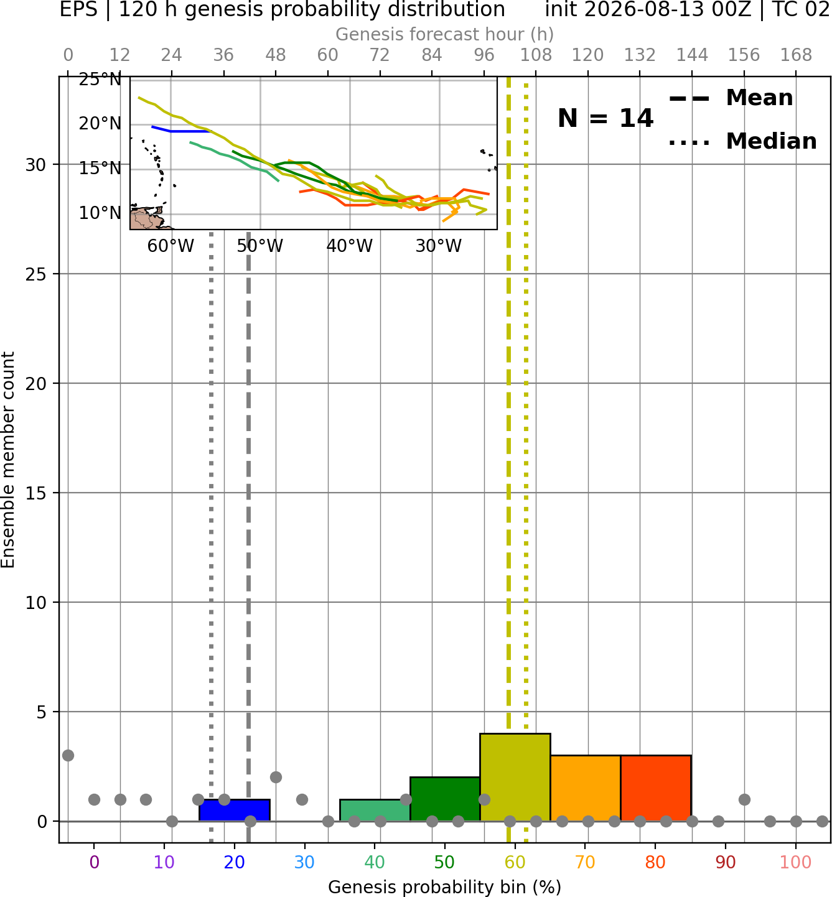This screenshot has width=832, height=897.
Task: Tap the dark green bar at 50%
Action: coord(445,799)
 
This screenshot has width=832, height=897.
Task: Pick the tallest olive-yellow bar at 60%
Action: coord(515,778)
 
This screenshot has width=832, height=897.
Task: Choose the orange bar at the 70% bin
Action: coord(586,788)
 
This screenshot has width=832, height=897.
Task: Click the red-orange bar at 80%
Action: coord(656,788)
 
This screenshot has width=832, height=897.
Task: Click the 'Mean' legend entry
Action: coord(731,98)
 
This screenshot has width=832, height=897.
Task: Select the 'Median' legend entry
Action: coord(743,141)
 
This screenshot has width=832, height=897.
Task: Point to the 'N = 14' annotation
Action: coord(605,118)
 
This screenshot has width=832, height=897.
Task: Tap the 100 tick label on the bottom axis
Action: coord(796,862)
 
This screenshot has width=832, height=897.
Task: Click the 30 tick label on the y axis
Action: coord(36,165)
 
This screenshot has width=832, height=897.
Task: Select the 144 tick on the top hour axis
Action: coord(692,55)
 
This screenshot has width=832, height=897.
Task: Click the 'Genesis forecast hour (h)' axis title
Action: coord(445,34)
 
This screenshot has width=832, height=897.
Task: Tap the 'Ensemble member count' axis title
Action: coord(8,460)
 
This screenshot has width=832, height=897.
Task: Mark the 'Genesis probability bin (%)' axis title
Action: coord(445,887)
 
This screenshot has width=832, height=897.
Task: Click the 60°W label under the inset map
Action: coord(171,246)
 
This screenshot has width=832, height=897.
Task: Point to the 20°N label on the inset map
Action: coord(100,123)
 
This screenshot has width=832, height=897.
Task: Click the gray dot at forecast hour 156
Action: coord(744,799)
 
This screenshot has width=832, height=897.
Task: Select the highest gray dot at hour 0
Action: coord(68,756)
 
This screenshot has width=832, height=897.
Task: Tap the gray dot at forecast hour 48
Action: coord(276,778)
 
